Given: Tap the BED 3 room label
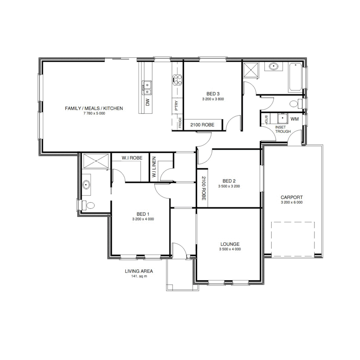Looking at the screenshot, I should click(213, 94).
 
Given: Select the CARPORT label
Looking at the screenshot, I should click(292, 197).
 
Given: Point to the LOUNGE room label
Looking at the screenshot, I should click(230, 244).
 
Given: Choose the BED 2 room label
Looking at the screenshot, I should click(229, 181).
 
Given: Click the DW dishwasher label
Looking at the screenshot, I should click(148, 102).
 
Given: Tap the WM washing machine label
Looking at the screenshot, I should click(294, 119).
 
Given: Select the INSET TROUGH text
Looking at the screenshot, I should click(283, 129).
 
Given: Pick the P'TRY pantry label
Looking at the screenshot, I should click(177, 106).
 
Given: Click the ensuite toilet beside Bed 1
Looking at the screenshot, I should click(88, 205).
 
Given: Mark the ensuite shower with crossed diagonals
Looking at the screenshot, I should click(96, 161).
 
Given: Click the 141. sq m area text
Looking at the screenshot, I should click(139, 276).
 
